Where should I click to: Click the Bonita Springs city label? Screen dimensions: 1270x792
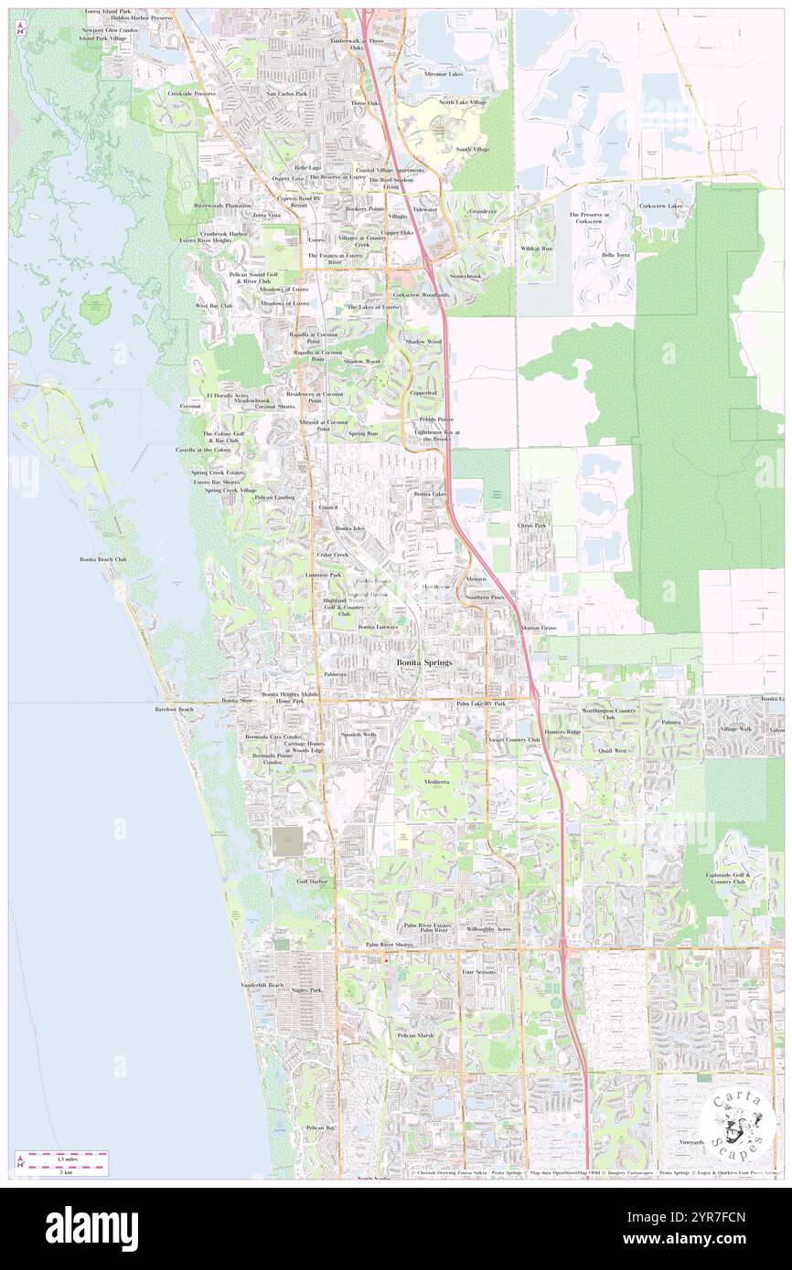(x=423, y=661)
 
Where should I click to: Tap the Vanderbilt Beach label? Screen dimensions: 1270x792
(x=262, y=985)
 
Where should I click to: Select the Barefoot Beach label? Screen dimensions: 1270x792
(x=174, y=709)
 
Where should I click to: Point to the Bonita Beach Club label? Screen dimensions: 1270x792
(x=102, y=558)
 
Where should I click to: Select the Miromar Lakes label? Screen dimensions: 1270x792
(x=444, y=73)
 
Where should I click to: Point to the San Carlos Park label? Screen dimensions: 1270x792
(x=286, y=93)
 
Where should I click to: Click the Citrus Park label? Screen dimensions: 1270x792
(x=531, y=525)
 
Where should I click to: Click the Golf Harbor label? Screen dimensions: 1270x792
(x=312, y=882)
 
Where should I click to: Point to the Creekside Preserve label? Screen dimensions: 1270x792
(x=191, y=93)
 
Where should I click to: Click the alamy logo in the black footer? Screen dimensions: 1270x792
(x=91, y=1229)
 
